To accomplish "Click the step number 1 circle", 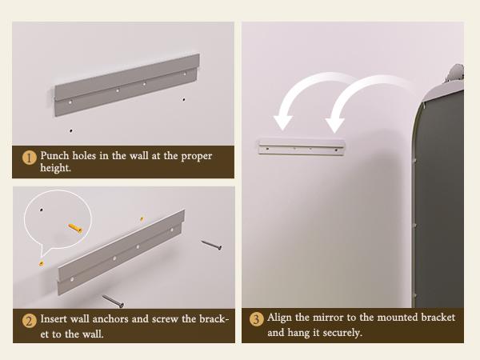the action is (30, 158).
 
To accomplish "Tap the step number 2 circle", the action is (30, 321).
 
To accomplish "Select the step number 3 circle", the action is (256, 319).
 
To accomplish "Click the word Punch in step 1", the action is (54, 155).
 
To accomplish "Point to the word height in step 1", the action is (54, 168).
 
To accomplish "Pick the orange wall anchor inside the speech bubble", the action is (75, 228).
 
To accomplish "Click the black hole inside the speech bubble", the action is (42, 210).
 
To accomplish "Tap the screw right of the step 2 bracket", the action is (211, 245).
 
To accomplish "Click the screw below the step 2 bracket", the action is (113, 301).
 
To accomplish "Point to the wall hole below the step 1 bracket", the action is (71, 130).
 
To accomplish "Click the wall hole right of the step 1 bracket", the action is (184, 99).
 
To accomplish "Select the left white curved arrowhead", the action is (282, 122).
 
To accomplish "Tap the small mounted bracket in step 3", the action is (302, 146).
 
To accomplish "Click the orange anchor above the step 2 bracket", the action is (142, 219).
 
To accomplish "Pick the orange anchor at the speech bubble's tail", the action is (42, 263).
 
